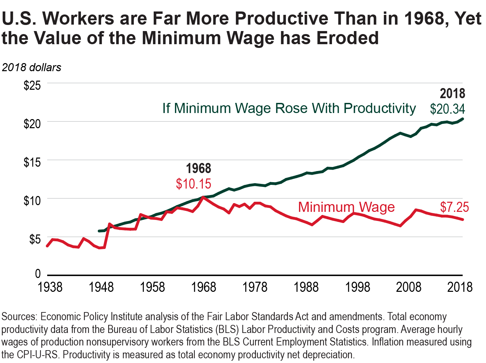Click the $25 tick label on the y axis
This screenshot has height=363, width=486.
pos(32,85)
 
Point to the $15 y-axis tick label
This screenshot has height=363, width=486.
pos(32,162)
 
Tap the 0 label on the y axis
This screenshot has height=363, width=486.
pos(38,274)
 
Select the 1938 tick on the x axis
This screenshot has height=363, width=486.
pos(50,287)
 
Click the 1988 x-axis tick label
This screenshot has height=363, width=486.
pos(306,287)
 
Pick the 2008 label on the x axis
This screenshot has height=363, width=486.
pos(408,287)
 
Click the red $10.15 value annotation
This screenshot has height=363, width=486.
pos(193,184)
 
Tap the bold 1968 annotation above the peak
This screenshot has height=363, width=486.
pos(199,168)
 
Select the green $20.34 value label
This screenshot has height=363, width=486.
pos(447,109)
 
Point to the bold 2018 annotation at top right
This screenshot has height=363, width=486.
pos(452,93)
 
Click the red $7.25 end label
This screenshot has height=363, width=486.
pos(454,207)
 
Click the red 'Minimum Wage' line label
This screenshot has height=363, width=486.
pos(346,207)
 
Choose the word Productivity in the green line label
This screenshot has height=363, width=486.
pos(379,108)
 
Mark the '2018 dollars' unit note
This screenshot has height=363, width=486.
pos(32,67)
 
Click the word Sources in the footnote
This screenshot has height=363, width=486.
pos(19,317)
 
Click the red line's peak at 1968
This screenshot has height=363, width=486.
pos(203,197)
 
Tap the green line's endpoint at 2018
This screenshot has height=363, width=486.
pos(462,119)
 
